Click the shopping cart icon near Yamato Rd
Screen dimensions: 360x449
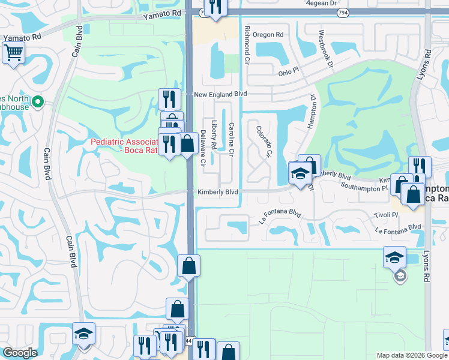(13, 52)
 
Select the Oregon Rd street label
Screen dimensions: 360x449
(267, 35)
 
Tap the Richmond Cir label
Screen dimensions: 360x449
(246, 45)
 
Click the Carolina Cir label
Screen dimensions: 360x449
(231, 139)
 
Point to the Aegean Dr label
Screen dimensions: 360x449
(321, 3)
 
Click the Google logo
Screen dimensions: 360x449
(20, 353)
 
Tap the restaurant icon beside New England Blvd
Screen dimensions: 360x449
(169, 98)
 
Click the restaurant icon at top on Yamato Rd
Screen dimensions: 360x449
(215, 7)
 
